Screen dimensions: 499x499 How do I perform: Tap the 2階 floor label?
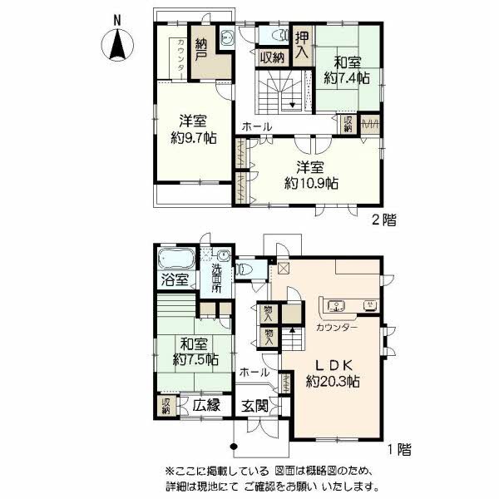384,220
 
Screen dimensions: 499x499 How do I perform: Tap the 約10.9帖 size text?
310,181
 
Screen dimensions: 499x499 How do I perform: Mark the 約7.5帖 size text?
196,360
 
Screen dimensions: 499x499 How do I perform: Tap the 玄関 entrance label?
255,406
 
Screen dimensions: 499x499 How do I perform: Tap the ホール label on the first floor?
253,372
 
